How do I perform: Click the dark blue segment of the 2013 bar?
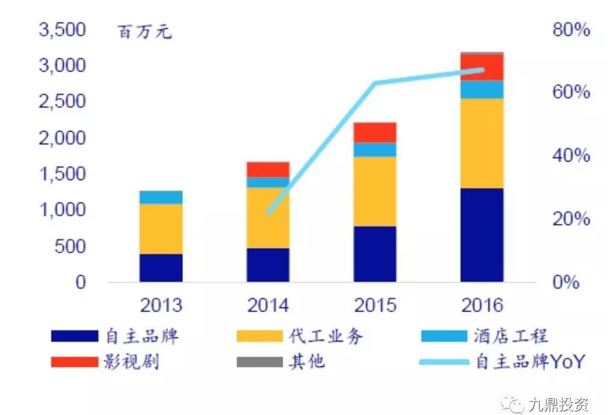161,268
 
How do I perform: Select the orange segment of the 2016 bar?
482,143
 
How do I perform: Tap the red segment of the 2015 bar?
375,132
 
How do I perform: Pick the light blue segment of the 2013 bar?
161,197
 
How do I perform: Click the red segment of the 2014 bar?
268,169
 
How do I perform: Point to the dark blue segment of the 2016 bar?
482,235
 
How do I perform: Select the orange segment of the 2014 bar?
268,217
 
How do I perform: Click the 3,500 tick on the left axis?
62,29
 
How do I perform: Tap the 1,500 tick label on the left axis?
62,174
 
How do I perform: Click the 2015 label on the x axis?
375,305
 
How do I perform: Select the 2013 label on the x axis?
161,305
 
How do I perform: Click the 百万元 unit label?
145,32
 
